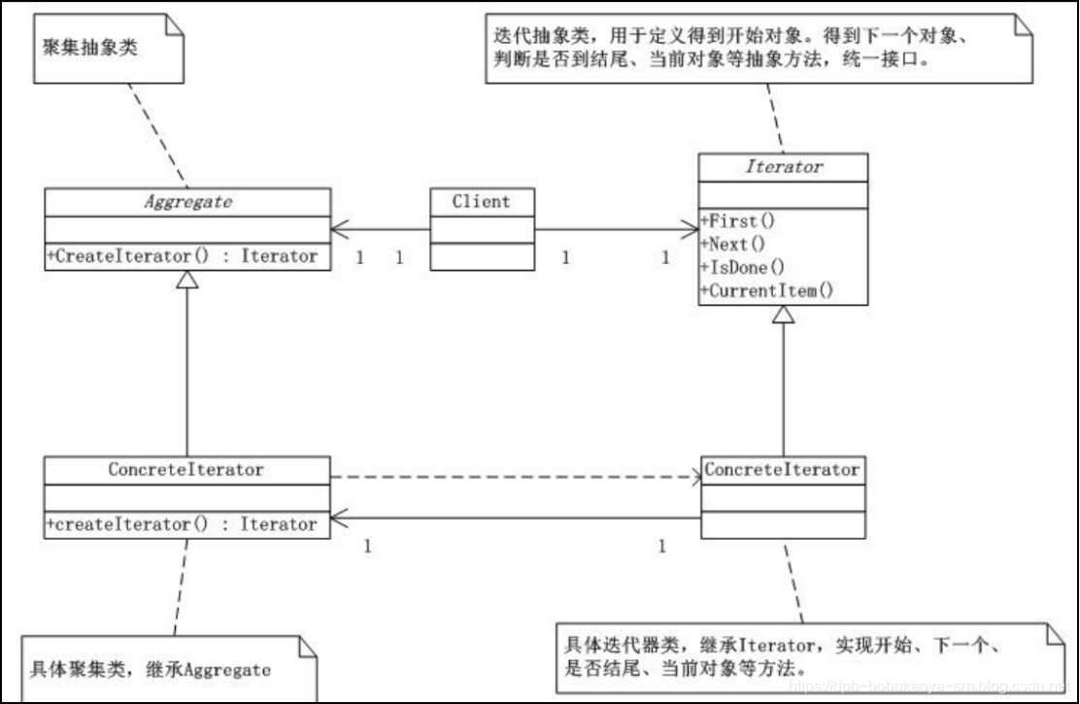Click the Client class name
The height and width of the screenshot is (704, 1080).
481,202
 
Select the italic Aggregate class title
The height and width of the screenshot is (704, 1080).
186,202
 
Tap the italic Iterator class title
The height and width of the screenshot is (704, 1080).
783,167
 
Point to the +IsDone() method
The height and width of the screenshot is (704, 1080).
742,267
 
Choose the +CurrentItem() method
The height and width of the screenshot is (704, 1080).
766,289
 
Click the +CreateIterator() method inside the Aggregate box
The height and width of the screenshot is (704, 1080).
182,256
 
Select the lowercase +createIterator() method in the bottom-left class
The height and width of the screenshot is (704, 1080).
182,524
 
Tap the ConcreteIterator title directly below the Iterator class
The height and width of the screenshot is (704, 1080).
782,470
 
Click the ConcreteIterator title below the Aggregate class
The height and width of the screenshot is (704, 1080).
186,470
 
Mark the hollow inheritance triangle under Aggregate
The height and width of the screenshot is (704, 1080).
186,281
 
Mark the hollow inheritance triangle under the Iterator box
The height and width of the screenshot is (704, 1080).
784,315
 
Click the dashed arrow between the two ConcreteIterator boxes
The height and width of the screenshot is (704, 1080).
515,478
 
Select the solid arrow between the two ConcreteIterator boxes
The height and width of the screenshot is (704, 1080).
515,518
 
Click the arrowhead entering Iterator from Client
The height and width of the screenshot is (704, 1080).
691,230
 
